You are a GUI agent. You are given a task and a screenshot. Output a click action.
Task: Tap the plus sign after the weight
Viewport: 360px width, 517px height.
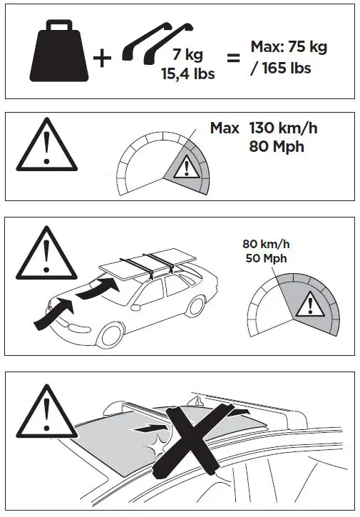point(103,58)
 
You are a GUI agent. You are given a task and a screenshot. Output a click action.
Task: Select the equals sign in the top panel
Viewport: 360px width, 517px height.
point(232,56)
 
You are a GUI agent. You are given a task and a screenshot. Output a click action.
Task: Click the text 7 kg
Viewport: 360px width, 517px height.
point(187,54)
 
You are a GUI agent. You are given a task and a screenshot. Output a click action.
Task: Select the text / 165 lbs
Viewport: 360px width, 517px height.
point(282,68)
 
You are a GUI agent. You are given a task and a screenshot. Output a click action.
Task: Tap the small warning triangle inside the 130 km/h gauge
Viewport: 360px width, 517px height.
point(185,168)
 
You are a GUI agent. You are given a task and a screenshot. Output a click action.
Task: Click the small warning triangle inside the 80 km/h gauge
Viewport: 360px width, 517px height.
point(309,305)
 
